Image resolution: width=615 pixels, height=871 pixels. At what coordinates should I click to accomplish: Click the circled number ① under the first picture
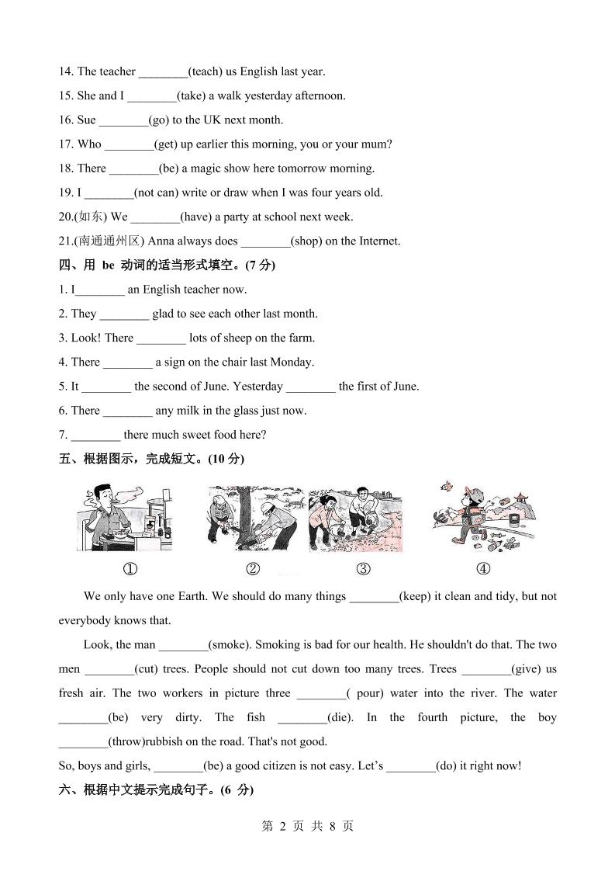[x=130, y=569]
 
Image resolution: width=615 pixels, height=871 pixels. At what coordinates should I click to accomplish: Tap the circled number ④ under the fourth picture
[x=483, y=569]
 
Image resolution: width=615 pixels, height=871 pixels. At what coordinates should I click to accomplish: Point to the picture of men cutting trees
[x=254, y=518]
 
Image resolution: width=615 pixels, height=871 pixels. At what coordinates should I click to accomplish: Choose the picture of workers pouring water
[x=355, y=519]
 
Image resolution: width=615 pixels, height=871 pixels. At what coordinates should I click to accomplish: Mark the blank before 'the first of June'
[x=310, y=386]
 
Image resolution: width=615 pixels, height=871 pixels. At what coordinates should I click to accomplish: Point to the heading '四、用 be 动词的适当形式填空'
[x=167, y=265]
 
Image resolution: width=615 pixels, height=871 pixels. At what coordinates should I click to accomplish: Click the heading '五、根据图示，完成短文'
[x=151, y=459]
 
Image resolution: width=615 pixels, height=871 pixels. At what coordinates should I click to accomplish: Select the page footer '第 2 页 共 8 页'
[x=308, y=826]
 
